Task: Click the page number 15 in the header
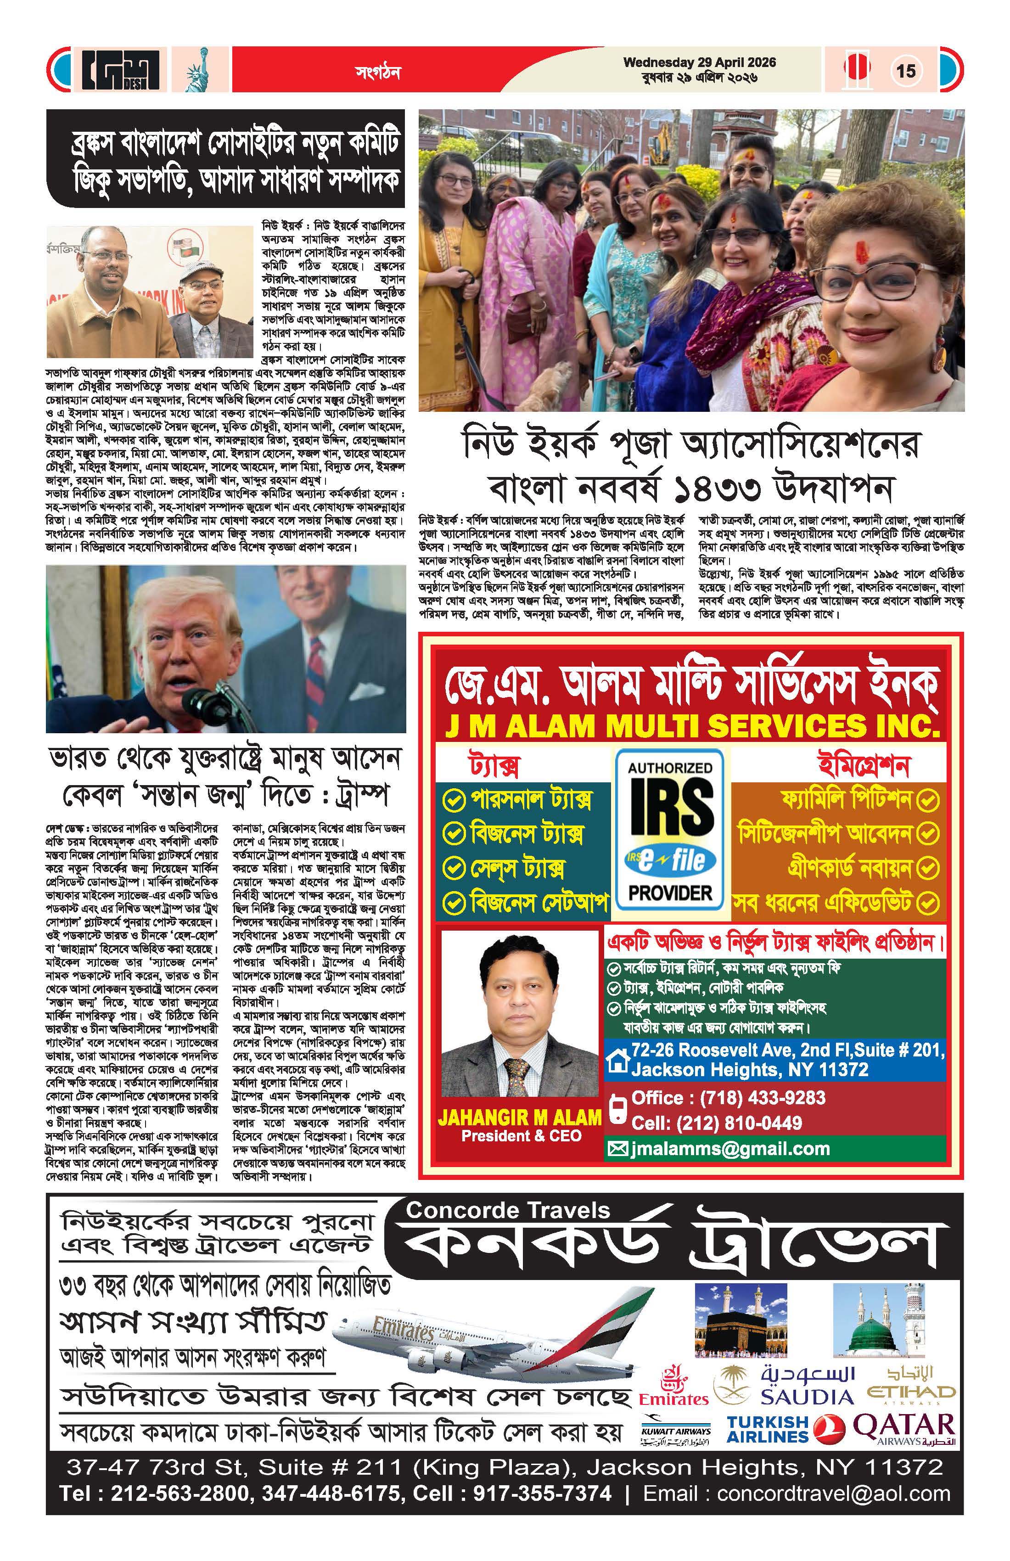tap(906, 70)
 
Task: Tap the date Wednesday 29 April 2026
tap(699, 63)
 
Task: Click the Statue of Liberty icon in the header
tap(195, 71)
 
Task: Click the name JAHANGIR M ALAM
tap(519, 1117)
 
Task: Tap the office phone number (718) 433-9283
tap(762, 1098)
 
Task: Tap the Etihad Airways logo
tap(911, 1383)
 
